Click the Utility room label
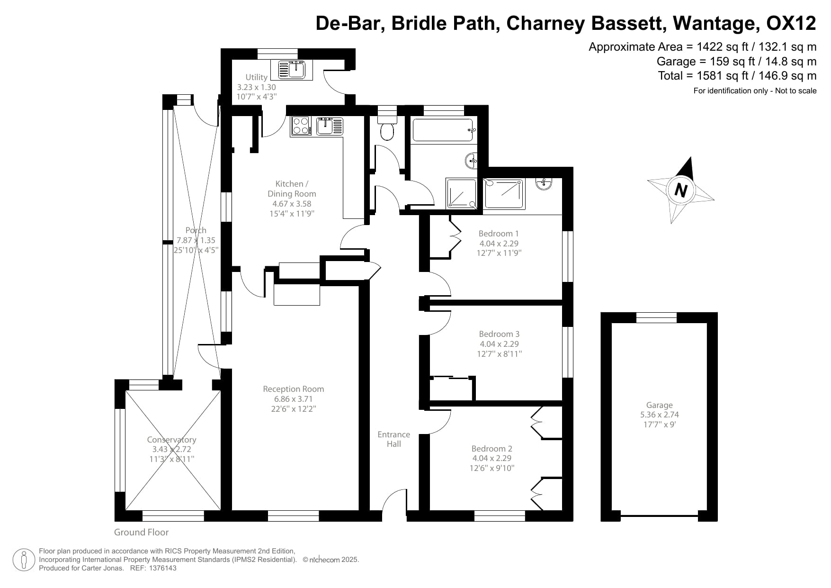(x=256, y=77)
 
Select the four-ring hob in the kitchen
(x=300, y=126)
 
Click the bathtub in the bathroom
(x=443, y=130)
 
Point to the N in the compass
(x=680, y=190)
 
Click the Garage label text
(x=659, y=405)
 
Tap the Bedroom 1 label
(x=499, y=233)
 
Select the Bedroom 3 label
(x=499, y=334)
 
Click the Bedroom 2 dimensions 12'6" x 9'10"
(x=492, y=468)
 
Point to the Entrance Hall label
(x=393, y=439)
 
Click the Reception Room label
(x=294, y=389)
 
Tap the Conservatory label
(x=171, y=440)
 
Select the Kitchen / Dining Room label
(x=292, y=189)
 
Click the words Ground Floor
(x=141, y=532)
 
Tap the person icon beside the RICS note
(x=24, y=560)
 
